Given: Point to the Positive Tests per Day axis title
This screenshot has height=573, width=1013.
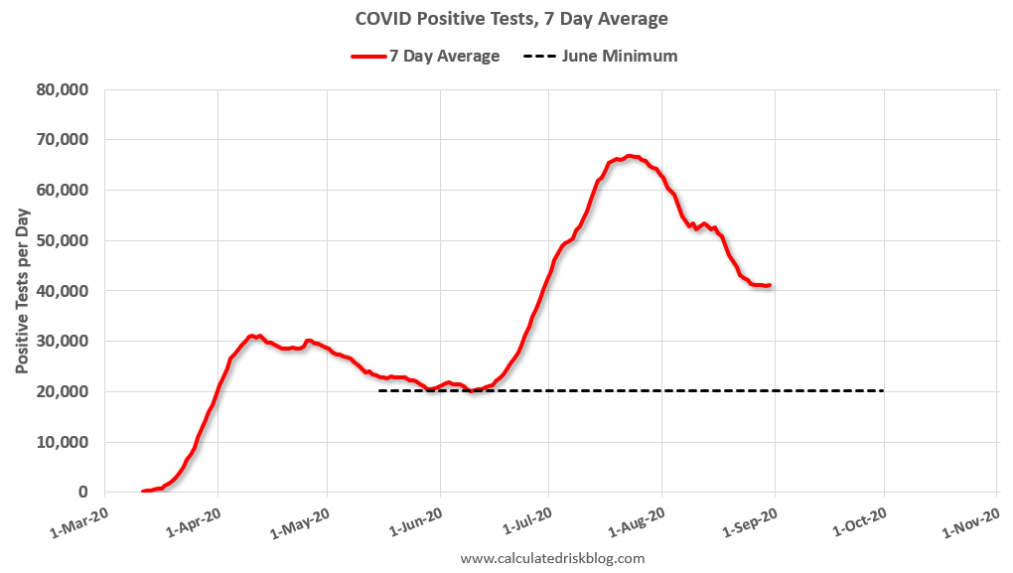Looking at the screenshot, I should pyautogui.click(x=22, y=291).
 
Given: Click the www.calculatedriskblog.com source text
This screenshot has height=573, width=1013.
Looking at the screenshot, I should pyautogui.click(x=552, y=558).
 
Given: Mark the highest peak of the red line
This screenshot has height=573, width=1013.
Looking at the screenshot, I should pyautogui.click(x=630, y=156).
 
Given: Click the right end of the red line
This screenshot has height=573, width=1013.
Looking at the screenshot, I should pyautogui.click(x=770, y=285).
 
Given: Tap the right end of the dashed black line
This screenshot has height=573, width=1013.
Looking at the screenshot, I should pyautogui.click(x=883, y=391).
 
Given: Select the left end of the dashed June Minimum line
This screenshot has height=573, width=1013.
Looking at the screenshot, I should pyautogui.click(x=379, y=391).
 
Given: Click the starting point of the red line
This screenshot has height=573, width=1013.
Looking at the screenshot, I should pyautogui.click(x=144, y=492).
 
